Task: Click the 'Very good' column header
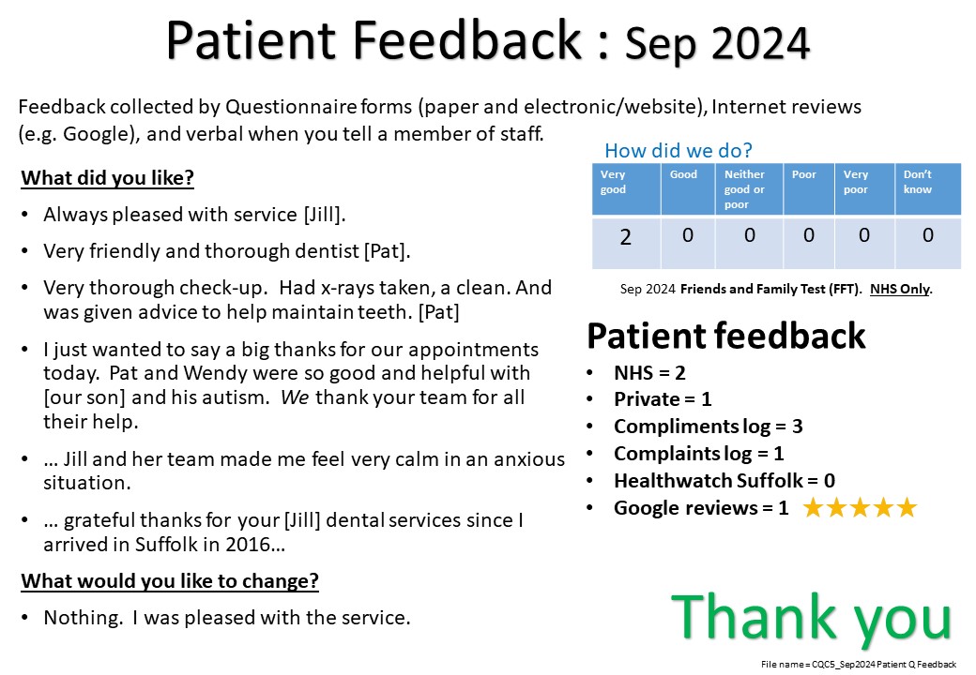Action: click(613, 182)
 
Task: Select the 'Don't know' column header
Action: click(918, 182)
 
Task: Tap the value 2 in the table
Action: click(626, 237)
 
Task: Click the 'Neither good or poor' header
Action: click(744, 189)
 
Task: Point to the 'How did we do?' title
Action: click(679, 150)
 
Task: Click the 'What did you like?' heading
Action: click(108, 178)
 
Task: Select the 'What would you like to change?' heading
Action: click(170, 581)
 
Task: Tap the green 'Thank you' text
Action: click(811, 617)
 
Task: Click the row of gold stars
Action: click(861, 508)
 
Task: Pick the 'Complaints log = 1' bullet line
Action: click(698, 454)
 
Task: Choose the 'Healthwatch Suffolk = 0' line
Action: click(724, 480)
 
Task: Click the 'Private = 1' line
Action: click(663, 399)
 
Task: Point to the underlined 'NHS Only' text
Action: click(900, 289)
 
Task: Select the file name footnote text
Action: click(859, 665)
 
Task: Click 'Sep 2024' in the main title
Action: click(717, 43)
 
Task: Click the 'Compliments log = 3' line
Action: click(708, 427)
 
